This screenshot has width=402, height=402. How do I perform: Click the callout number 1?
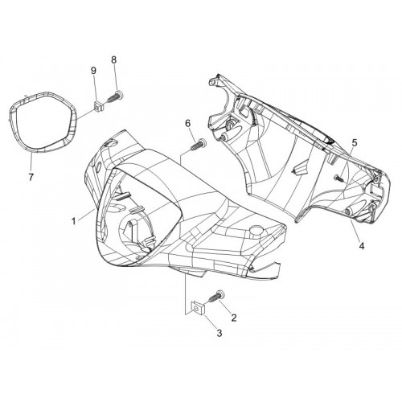click(x=73, y=221)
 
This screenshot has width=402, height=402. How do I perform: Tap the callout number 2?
click(x=234, y=318)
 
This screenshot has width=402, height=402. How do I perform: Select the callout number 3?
click(x=219, y=333)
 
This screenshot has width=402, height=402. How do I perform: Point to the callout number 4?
click(x=362, y=245)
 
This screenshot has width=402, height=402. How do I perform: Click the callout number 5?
click(x=355, y=143)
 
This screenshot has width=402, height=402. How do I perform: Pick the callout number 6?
click(x=187, y=123)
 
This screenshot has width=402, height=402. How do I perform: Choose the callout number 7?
click(x=31, y=177)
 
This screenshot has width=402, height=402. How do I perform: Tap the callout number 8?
click(x=114, y=59)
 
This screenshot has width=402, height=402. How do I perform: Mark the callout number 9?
click(x=93, y=71)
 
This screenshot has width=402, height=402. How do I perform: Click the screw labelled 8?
click(x=115, y=96)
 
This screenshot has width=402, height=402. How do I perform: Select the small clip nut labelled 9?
click(x=99, y=106)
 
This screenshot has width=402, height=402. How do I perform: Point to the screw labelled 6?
click(x=199, y=145)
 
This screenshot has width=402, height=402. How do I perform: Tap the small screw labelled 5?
click(x=338, y=178)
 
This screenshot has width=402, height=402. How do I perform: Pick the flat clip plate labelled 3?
click(x=197, y=308)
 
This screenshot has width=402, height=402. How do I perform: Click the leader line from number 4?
click(x=355, y=230)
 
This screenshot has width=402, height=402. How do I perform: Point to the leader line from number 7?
click(x=31, y=162)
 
